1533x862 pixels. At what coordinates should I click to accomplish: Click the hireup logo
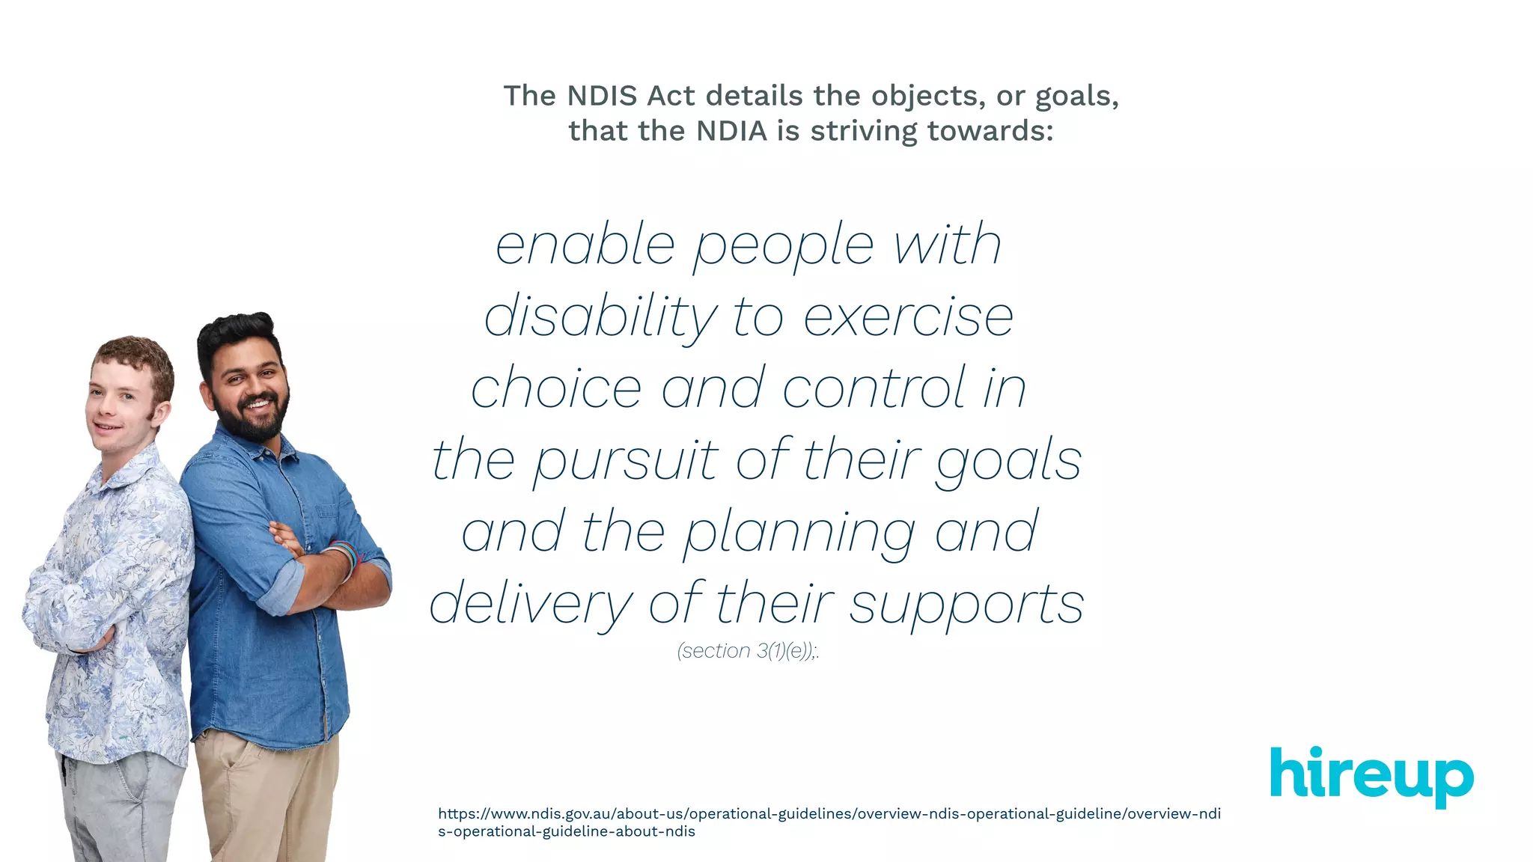[x=1371, y=776]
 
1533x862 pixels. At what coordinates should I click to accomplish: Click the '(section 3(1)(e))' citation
[x=747, y=651]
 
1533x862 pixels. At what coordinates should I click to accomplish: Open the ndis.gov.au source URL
[x=829, y=822]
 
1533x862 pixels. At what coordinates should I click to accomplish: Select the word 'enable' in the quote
[x=585, y=245]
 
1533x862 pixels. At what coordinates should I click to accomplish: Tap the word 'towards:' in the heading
[x=990, y=131]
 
